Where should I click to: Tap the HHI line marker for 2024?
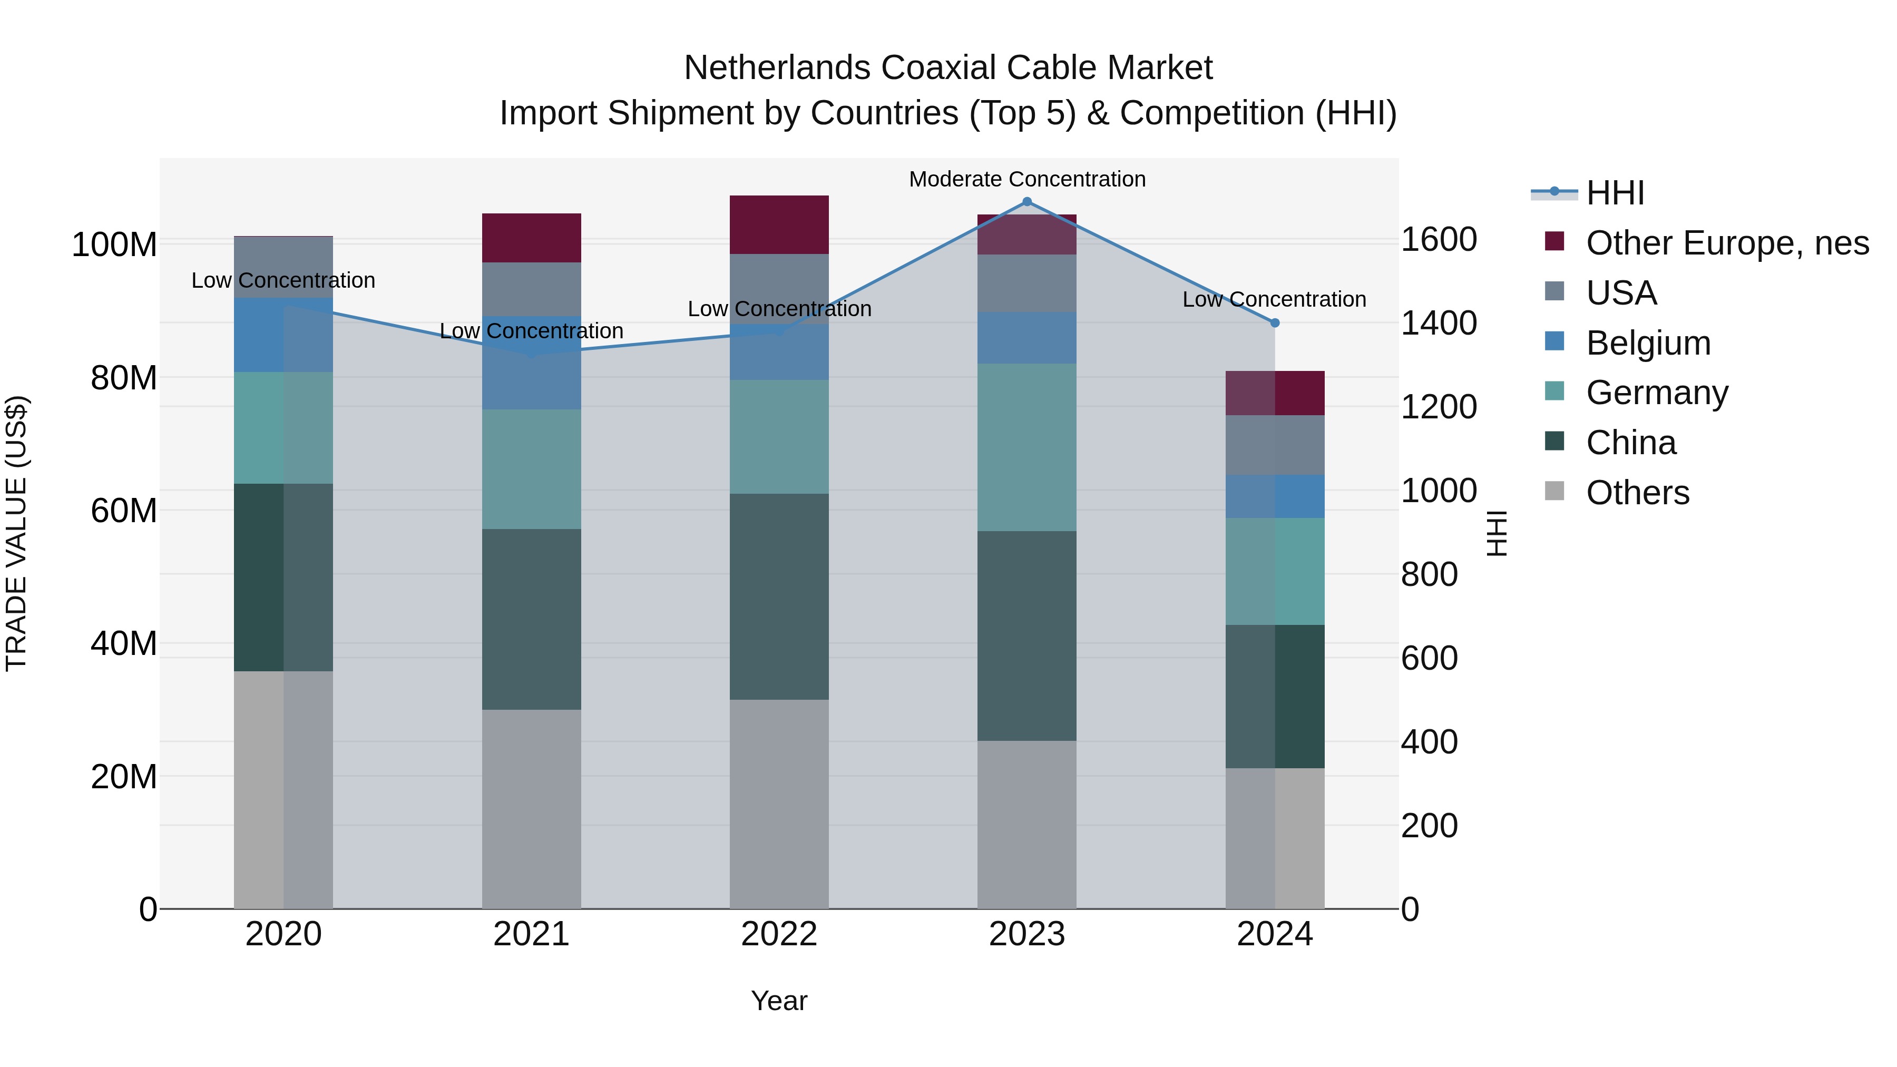1275,322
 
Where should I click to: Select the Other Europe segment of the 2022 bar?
779,224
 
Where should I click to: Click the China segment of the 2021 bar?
531,619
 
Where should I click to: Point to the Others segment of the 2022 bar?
779,804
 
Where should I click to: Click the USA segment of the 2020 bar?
283,267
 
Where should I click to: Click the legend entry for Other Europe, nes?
1726,243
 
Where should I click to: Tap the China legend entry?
1630,443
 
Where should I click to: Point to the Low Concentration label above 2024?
1274,300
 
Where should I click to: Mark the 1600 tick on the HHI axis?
1438,240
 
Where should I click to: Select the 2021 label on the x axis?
531,934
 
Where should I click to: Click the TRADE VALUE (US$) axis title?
16,533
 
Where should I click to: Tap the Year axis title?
779,1001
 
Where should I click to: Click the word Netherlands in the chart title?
778,68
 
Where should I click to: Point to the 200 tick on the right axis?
1429,826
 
